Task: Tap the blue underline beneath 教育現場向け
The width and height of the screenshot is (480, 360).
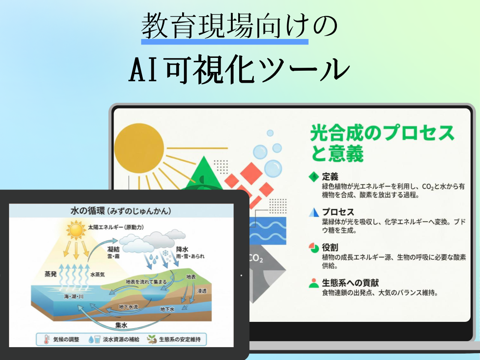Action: pyautogui.click(x=225, y=42)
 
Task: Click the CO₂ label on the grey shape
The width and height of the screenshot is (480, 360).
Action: pyautogui.click(x=256, y=259)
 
